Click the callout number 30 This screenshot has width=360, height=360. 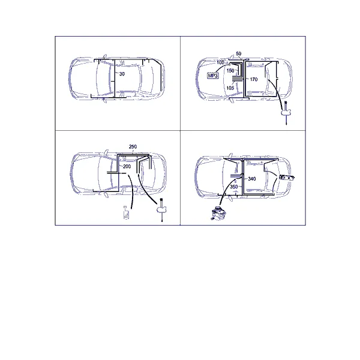(x=122, y=74)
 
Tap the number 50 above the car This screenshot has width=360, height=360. (x=239, y=53)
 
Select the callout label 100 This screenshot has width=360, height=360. (x=220, y=62)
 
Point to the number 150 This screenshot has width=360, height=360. (x=230, y=71)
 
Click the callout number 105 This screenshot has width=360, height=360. (x=230, y=88)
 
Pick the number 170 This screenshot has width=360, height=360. (x=254, y=79)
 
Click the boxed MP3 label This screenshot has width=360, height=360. (x=213, y=76)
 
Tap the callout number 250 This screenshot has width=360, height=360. (x=133, y=146)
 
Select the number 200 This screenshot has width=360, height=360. (x=127, y=166)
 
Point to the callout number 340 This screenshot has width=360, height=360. (x=252, y=179)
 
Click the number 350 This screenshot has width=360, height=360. (x=234, y=187)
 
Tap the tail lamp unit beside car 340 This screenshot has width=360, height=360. (x=287, y=178)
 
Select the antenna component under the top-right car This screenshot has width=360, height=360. (x=286, y=112)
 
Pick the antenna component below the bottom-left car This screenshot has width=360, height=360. (x=161, y=209)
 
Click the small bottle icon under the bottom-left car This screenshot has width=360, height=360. (x=126, y=212)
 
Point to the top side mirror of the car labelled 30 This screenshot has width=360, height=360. (x=104, y=56)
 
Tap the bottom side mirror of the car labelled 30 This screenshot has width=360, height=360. (x=104, y=100)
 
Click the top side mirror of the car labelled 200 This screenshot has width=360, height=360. (x=106, y=152)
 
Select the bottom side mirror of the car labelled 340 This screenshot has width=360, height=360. (x=231, y=197)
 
